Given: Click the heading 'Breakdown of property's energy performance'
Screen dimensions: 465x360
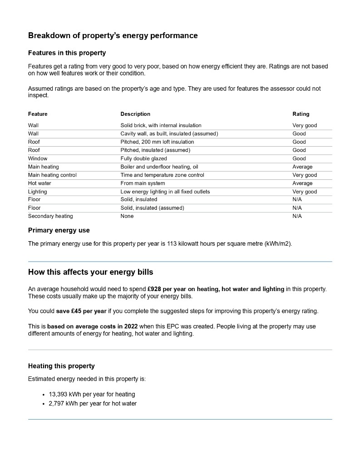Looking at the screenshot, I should click(x=113, y=35).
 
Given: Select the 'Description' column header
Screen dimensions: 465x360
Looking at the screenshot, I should click(x=135, y=114).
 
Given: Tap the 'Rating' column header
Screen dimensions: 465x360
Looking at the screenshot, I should click(x=301, y=114).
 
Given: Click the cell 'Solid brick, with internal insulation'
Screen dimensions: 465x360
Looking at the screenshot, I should click(x=161, y=125).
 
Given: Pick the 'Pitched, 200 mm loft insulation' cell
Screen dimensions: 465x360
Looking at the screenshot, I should click(x=157, y=142).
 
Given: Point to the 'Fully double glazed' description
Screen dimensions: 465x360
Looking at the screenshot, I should click(x=143, y=158).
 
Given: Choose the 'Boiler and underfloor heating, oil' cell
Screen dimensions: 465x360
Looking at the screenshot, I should click(x=159, y=167).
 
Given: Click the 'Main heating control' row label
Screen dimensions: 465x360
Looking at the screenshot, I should click(x=52, y=175).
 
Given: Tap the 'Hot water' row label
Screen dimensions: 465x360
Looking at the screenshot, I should click(x=39, y=183).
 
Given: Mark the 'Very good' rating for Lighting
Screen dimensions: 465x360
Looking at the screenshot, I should click(x=305, y=192).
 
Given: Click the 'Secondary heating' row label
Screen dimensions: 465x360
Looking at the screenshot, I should click(x=50, y=216).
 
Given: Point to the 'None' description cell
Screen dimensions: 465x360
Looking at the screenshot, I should click(x=127, y=216).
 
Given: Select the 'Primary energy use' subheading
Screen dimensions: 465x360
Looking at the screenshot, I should click(x=59, y=230).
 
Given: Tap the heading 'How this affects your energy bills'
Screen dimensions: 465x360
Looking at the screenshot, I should click(x=90, y=272).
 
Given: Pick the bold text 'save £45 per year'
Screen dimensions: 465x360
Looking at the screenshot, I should click(x=81, y=311).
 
